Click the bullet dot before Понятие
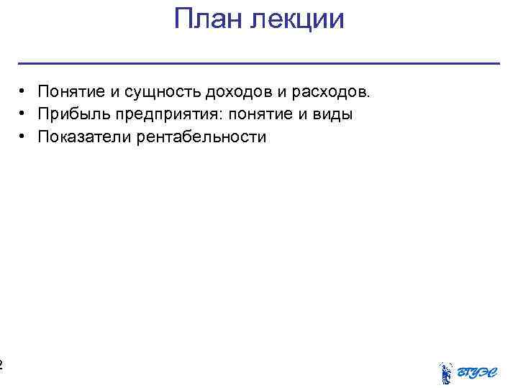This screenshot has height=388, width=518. [24, 91]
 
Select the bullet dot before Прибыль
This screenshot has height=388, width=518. [24, 114]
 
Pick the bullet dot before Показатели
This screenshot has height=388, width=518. [24, 136]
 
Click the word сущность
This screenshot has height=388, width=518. [163, 92]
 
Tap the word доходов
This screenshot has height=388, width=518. [237, 92]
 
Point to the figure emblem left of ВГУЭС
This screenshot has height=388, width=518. [446, 372]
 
